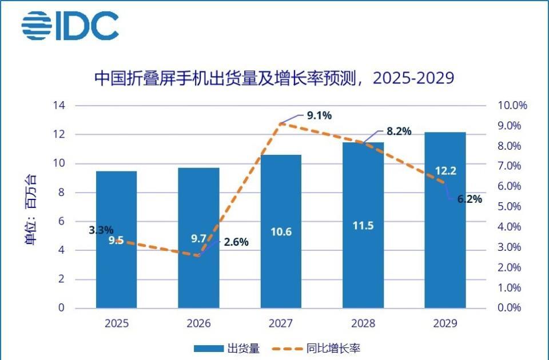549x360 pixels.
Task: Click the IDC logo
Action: click(x=70, y=26)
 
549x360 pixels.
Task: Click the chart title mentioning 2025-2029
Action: click(x=274, y=78)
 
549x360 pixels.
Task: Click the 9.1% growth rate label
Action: click(x=319, y=116)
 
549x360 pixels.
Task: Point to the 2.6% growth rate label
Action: click(x=236, y=242)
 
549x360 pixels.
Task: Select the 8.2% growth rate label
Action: click(x=399, y=131)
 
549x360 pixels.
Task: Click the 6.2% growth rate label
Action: click(x=470, y=199)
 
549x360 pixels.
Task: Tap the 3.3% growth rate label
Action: click(x=101, y=231)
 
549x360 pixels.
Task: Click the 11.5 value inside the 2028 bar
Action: click(x=363, y=225)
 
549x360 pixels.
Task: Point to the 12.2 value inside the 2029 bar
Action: click(x=445, y=170)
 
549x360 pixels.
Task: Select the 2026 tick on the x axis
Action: click(x=198, y=323)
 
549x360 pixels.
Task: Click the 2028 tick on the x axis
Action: click(x=363, y=323)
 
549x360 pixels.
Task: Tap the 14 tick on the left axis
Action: click(x=59, y=106)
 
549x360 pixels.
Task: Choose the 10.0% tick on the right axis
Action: click(x=512, y=106)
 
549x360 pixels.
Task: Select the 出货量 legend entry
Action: click(x=226, y=348)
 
